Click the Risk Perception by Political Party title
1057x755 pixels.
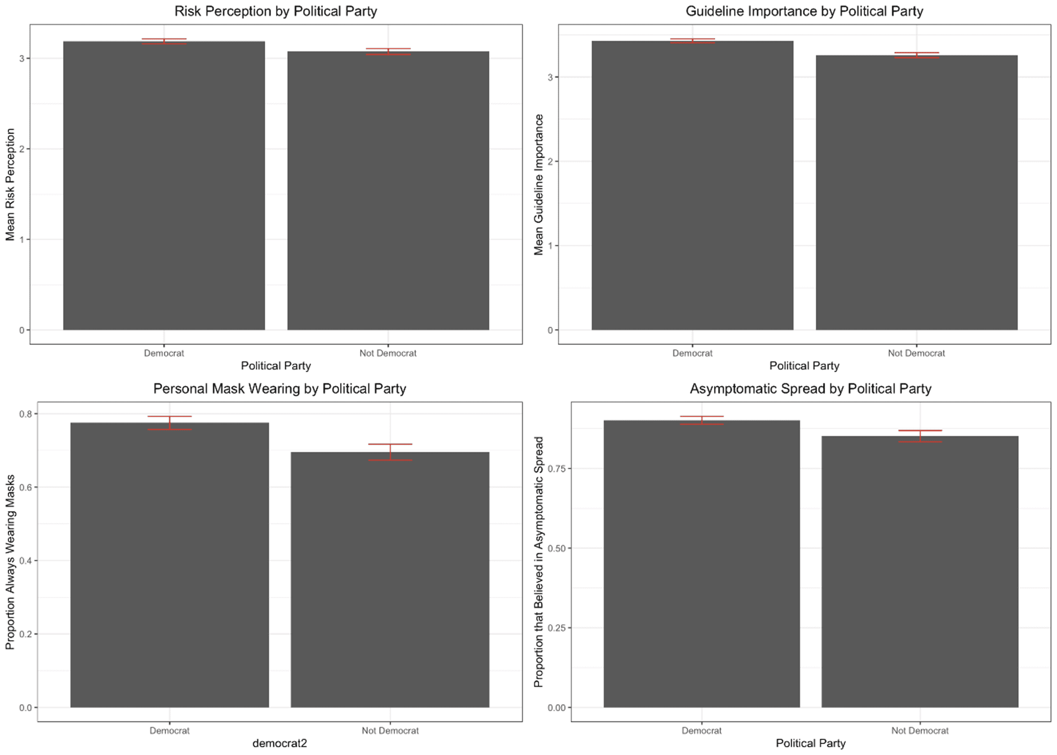[x=275, y=11]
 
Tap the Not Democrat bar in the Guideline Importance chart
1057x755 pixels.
[x=916, y=192]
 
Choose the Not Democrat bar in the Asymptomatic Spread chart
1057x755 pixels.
[x=919, y=571]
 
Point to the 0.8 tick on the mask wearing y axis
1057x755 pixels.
[x=25, y=414]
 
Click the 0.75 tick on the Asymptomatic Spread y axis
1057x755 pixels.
[x=556, y=468]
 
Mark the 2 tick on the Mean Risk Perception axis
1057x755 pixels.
[x=22, y=149]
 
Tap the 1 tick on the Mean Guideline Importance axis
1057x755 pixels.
[x=550, y=246]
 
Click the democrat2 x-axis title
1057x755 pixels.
[x=279, y=743]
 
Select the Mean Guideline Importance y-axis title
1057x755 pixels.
[x=539, y=185]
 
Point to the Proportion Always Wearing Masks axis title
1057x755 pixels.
[x=10, y=562]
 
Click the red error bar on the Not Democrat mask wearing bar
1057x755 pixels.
[x=390, y=452]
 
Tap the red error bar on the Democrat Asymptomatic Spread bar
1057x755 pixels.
[x=701, y=420]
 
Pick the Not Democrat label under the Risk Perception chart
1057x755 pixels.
[x=388, y=353]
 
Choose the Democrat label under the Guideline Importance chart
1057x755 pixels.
[x=692, y=353]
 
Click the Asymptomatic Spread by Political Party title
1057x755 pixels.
[x=810, y=389]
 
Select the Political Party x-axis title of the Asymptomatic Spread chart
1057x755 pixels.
[x=810, y=743]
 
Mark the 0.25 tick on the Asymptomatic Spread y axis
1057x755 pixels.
[x=556, y=628]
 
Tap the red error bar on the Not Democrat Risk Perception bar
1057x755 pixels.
[x=388, y=51]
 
